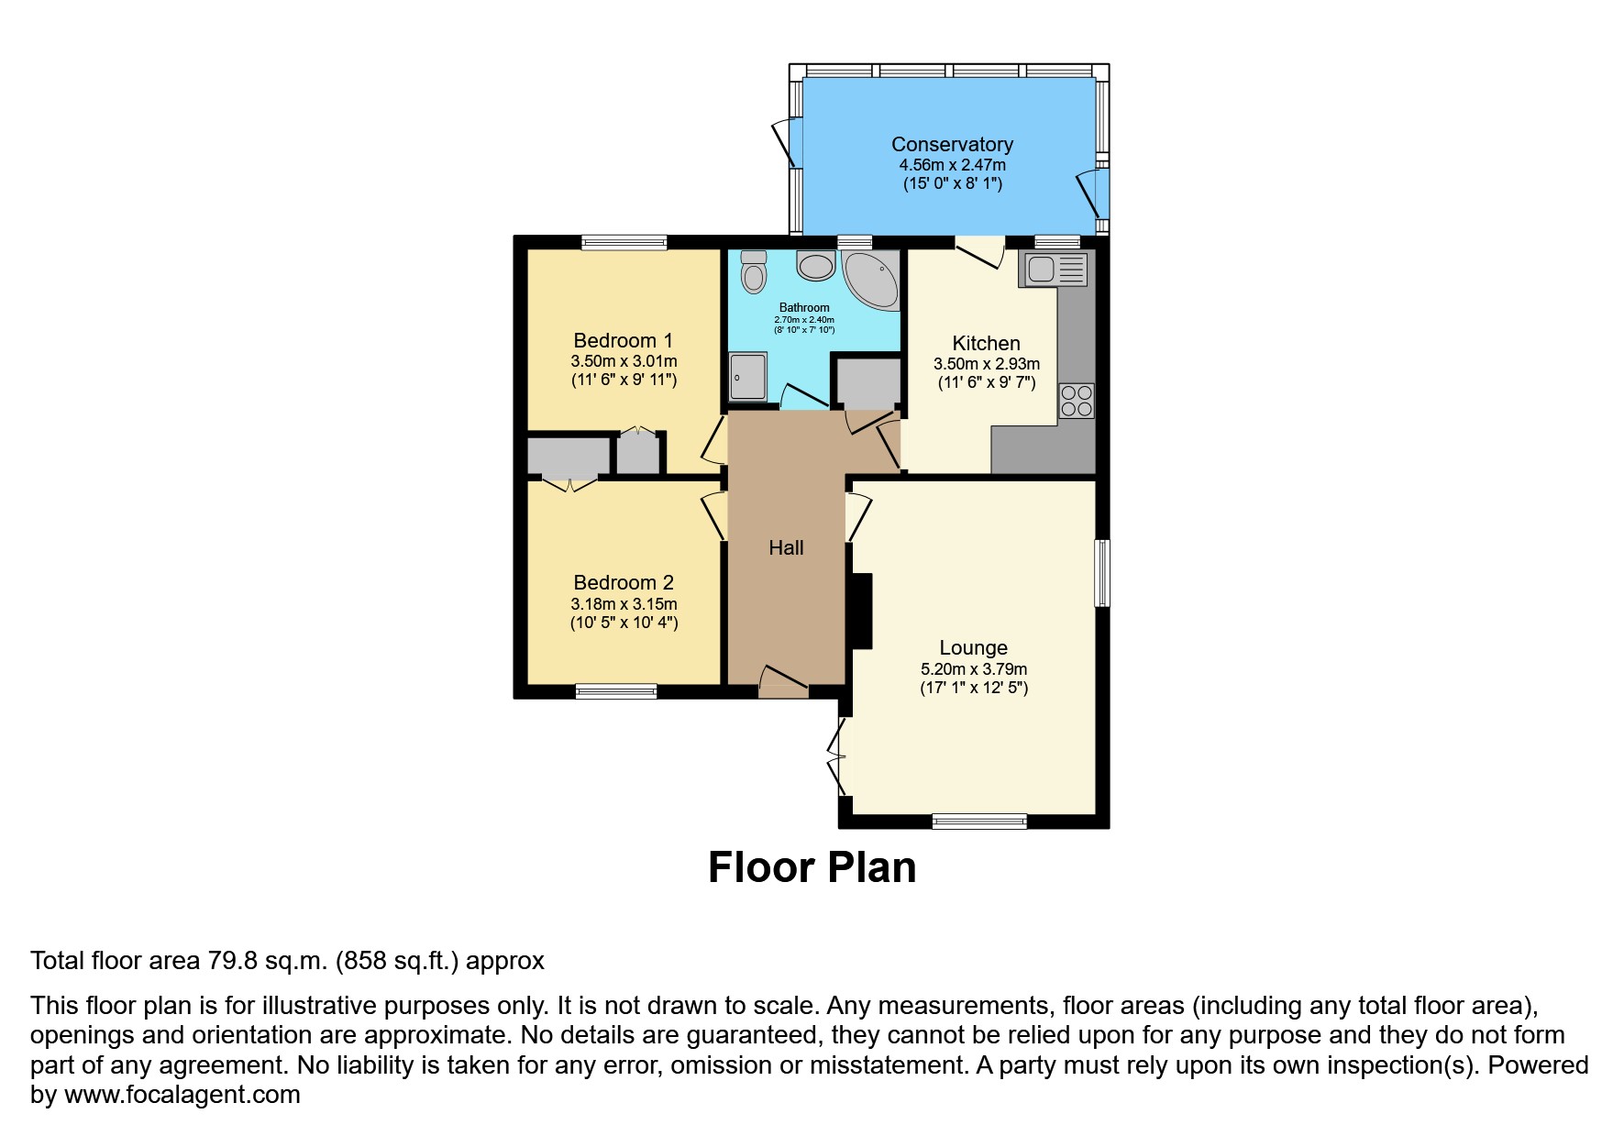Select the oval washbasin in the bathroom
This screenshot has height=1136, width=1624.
pyautogui.click(x=814, y=266)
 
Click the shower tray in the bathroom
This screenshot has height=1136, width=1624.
pyautogui.click(x=747, y=376)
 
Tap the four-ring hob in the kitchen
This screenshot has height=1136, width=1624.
pyautogui.click(x=1076, y=401)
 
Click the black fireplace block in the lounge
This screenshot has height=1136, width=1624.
pyautogui.click(x=861, y=612)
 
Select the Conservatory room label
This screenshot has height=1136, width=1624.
pyautogui.click(x=952, y=144)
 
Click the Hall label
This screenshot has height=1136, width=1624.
pyautogui.click(x=786, y=547)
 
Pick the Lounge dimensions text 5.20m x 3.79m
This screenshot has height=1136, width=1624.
pyautogui.click(x=974, y=669)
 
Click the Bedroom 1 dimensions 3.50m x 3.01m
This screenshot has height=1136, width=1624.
pyautogui.click(x=624, y=361)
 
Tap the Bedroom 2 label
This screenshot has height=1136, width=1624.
pyautogui.click(x=624, y=582)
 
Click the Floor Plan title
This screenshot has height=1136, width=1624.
pyautogui.click(x=812, y=867)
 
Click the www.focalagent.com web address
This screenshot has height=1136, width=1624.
pyautogui.click(x=182, y=1095)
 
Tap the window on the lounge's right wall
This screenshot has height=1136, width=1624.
pyautogui.click(x=1103, y=573)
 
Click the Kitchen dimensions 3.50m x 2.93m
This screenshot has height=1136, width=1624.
pyautogui.click(x=987, y=364)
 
